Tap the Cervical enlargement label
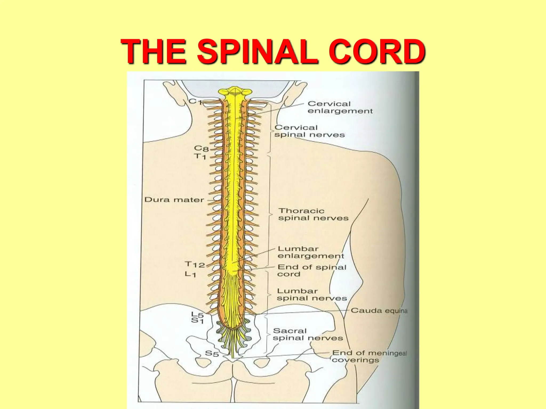340,107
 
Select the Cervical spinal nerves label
309,131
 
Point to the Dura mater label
174,200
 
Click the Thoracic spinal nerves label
313,214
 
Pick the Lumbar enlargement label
311,252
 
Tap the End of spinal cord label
312,271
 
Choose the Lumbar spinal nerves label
312,295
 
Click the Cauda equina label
379,310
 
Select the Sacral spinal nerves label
307,334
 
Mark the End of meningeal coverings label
369,356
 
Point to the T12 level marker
195,265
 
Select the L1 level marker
191,274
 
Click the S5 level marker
212,353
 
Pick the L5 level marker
198,315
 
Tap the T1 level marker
200,156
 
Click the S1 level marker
198,321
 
